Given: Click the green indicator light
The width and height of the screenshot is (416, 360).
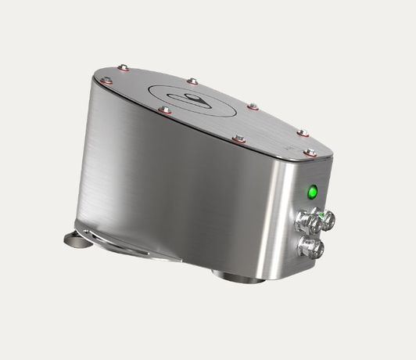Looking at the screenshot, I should click(312, 191).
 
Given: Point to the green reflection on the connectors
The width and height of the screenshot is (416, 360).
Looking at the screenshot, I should click(318, 211).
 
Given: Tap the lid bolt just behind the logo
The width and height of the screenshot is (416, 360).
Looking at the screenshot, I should click(192, 80).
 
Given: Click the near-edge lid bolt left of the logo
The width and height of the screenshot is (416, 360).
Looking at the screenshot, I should click(164, 111).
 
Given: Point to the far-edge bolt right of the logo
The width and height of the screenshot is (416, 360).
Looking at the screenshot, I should click(253, 106).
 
